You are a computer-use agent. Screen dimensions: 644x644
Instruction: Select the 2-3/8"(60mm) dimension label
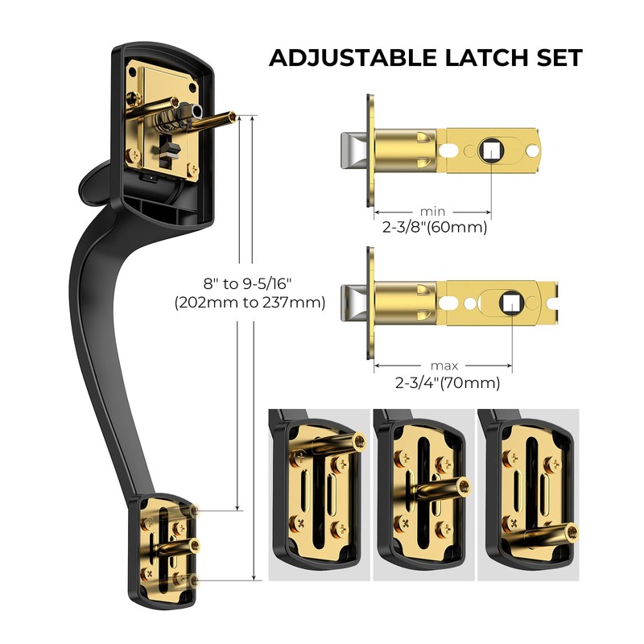click(435, 227)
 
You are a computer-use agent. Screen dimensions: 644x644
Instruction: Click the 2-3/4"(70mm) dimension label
click(447, 382)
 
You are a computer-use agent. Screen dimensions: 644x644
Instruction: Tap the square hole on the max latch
click(510, 302)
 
